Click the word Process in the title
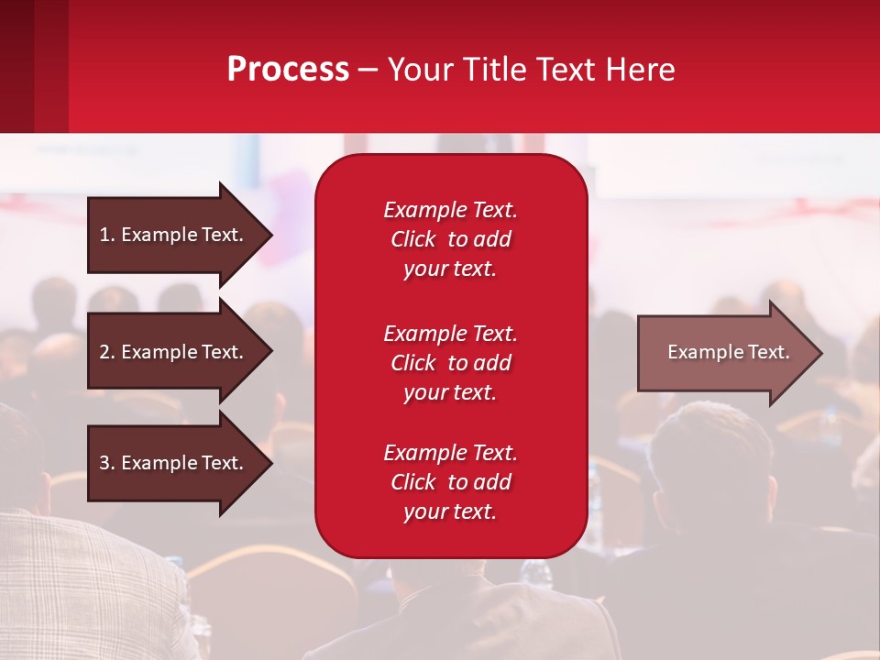click(x=288, y=70)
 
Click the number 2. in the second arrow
click(x=106, y=352)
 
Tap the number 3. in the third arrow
click(x=106, y=463)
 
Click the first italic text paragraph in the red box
click(x=450, y=239)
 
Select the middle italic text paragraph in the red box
click(x=450, y=363)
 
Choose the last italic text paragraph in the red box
click(x=450, y=482)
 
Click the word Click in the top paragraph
click(x=413, y=239)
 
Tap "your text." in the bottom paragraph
click(x=450, y=512)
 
